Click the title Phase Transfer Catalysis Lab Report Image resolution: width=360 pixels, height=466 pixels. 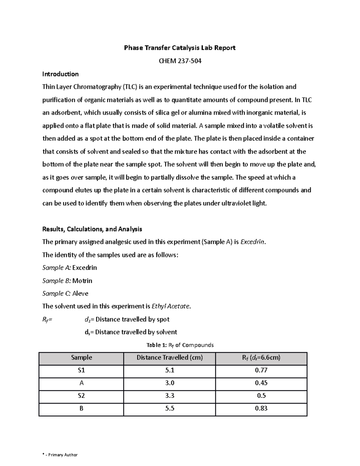click(x=180, y=48)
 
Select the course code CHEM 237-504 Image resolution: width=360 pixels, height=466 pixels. click(x=180, y=61)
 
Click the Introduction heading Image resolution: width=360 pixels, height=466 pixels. click(x=60, y=74)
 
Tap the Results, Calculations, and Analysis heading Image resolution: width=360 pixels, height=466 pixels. click(x=92, y=229)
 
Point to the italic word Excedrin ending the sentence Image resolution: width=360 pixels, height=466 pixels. click(x=253, y=242)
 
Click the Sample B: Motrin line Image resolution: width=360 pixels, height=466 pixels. click(x=67, y=281)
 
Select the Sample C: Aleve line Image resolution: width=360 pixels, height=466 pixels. click(x=65, y=293)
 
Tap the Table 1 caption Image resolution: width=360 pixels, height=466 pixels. click(x=180, y=345)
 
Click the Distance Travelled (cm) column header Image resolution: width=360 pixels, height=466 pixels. click(x=169, y=358)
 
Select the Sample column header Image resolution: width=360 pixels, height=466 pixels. click(x=81, y=358)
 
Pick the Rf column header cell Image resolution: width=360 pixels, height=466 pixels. click(x=261, y=358)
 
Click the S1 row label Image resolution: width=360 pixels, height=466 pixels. click(x=81, y=371)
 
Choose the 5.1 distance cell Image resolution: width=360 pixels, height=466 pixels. click(x=169, y=371)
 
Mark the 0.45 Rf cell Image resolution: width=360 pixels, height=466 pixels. click(x=261, y=383)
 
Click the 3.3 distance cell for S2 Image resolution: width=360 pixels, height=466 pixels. click(x=169, y=396)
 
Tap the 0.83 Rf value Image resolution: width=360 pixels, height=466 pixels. click(x=261, y=408)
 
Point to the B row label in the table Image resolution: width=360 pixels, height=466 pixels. click(x=81, y=408)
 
